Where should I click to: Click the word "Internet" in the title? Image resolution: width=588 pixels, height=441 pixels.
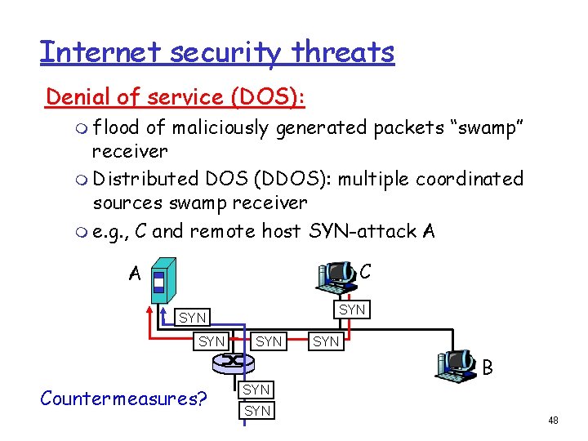(x=91, y=52)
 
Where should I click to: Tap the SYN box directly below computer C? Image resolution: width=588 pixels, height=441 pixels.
(x=352, y=310)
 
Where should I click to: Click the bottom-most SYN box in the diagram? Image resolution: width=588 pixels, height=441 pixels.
(x=257, y=411)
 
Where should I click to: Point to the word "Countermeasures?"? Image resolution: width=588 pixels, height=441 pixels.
(x=123, y=399)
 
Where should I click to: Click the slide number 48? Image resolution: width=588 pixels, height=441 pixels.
(x=553, y=420)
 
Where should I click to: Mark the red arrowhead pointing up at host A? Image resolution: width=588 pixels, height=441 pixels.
(x=152, y=308)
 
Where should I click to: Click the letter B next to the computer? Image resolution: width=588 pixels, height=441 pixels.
(x=488, y=368)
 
